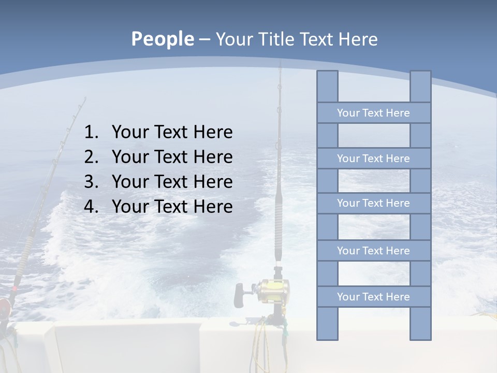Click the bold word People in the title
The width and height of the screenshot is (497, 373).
point(162,39)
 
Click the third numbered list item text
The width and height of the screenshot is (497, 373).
point(172,182)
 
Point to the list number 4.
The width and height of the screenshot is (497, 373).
point(91,207)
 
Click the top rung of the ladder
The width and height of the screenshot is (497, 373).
point(373,113)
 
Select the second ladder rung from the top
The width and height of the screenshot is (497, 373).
point(373,159)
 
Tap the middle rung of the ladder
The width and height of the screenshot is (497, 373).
point(373,203)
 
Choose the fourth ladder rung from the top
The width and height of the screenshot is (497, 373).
point(373,251)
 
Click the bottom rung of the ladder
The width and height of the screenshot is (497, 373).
point(373,297)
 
